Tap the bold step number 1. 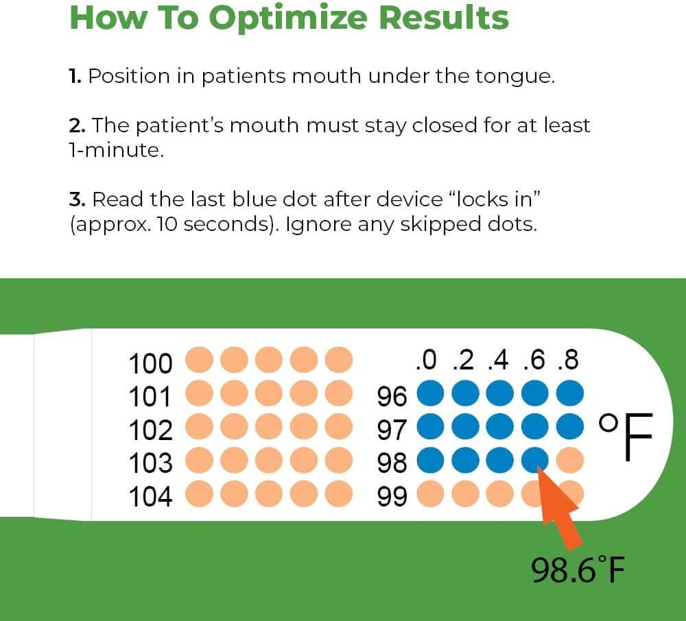point(75,76)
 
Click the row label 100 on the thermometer point(151,363)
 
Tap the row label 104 point(151,496)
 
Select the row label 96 point(392,396)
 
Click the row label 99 point(392,496)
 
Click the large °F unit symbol point(625,437)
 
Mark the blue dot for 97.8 point(569,426)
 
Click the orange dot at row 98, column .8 point(569,459)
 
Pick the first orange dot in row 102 point(200,426)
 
